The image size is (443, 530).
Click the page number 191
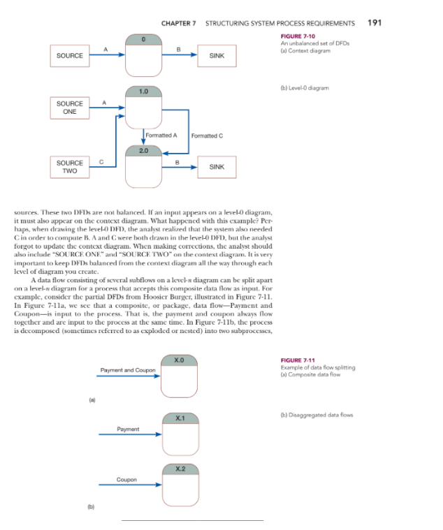(x=375, y=22)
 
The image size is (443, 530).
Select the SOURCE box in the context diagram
(x=70, y=55)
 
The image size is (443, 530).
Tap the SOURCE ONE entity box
(x=70, y=108)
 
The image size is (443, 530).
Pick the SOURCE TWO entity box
(x=70, y=167)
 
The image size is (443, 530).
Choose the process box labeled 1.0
(x=144, y=108)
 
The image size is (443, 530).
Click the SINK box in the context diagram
(x=217, y=55)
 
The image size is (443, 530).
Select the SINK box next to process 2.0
(x=217, y=167)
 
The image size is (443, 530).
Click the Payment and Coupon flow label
(x=127, y=369)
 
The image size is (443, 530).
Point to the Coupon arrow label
(x=126, y=480)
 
